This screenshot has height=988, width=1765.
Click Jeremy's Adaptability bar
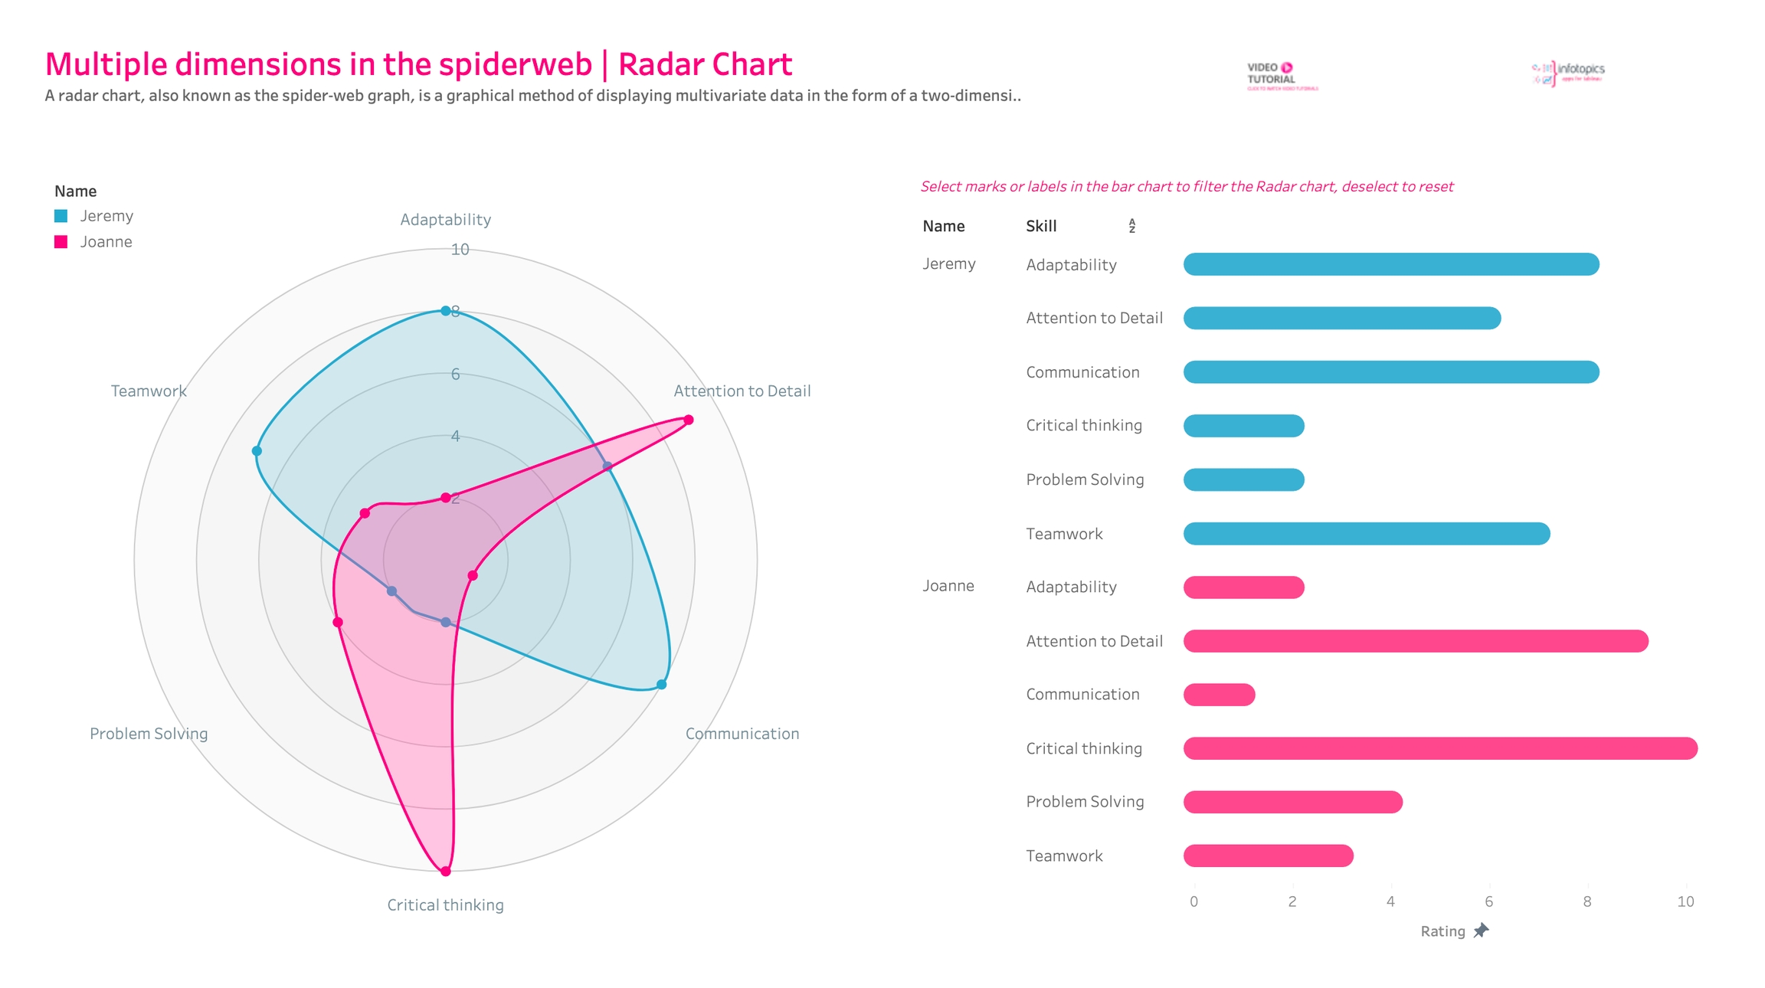coord(1390,264)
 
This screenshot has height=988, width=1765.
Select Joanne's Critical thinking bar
coord(1440,748)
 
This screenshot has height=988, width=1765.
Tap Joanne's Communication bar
coord(1219,695)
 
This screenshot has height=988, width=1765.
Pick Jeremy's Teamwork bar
coord(1366,534)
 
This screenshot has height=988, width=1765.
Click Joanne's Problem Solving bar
coord(1292,802)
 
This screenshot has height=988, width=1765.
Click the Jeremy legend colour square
coord(61,216)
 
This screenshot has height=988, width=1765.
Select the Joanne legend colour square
coord(61,242)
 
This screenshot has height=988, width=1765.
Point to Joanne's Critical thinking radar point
coord(446,871)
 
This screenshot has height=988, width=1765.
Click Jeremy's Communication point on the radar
coord(662,684)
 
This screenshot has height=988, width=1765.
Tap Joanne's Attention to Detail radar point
coord(689,420)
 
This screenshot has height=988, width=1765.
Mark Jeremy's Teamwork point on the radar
coord(257,451)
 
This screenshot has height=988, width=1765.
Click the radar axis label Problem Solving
coord(149,734)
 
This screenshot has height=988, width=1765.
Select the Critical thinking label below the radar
coord(445,905)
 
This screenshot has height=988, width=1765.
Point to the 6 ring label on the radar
coord(456,374)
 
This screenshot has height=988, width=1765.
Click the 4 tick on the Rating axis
coord(1390,901)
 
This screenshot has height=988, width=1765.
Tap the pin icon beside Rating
coord(1482,931)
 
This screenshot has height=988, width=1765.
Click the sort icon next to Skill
coord(1131,226)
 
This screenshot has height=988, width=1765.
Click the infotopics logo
coord(1568,73)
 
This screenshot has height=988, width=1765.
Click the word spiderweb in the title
coord(515,64)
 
